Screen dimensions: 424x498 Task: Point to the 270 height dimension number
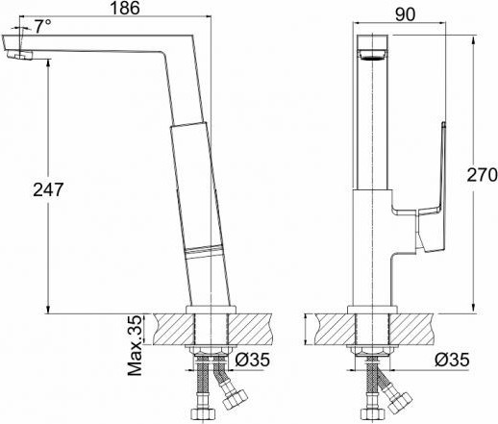tap(481, 175)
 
